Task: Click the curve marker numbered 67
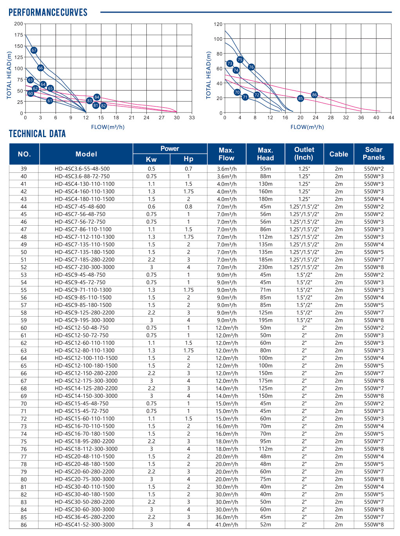[34, 50]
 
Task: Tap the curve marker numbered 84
[97, 97]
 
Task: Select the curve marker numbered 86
[314, 95]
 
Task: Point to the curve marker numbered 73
[230, 63]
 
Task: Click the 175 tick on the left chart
[18, 35]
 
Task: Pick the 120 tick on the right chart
[218, 24]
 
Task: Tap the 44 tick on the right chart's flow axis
[391, 118]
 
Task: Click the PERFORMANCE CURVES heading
[48, 13]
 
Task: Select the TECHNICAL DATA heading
[37, 134]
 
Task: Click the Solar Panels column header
[373, 154]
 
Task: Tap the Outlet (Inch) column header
[304, 154]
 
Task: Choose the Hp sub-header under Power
[188, 159]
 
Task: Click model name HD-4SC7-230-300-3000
[85, 267]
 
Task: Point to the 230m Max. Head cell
[265, 267]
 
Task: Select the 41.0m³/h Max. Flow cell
[227, 525]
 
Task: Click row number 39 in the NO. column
[24, 169]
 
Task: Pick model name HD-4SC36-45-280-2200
[85, 517]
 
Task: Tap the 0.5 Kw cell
[151, 169]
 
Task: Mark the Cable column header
[339, 154]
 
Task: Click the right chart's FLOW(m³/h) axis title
[307, 127]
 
